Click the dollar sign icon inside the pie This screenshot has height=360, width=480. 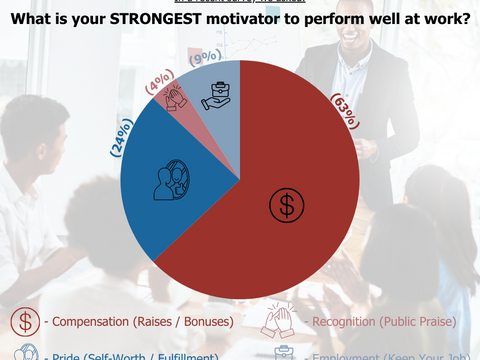click(x=286, y=204)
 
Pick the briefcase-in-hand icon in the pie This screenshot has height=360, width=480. click(x=217, y=96)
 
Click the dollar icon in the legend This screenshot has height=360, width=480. click(x=25, y=321)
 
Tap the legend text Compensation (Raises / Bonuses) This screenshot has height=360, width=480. click(x=139, y=322)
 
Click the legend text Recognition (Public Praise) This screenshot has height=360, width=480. click(x=384, y=322)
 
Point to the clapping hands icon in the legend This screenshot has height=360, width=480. click(x=278, y=321)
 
